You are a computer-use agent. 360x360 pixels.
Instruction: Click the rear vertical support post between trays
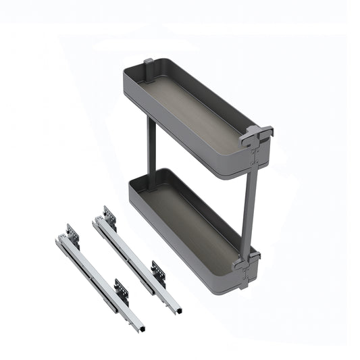[x=151, y=145]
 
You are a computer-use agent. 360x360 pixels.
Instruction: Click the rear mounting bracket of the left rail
[x=72, y=234]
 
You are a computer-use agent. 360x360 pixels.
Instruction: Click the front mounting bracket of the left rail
[x=122, y=290]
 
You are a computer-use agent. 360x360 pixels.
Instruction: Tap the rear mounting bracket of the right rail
[x=109, y=216]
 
